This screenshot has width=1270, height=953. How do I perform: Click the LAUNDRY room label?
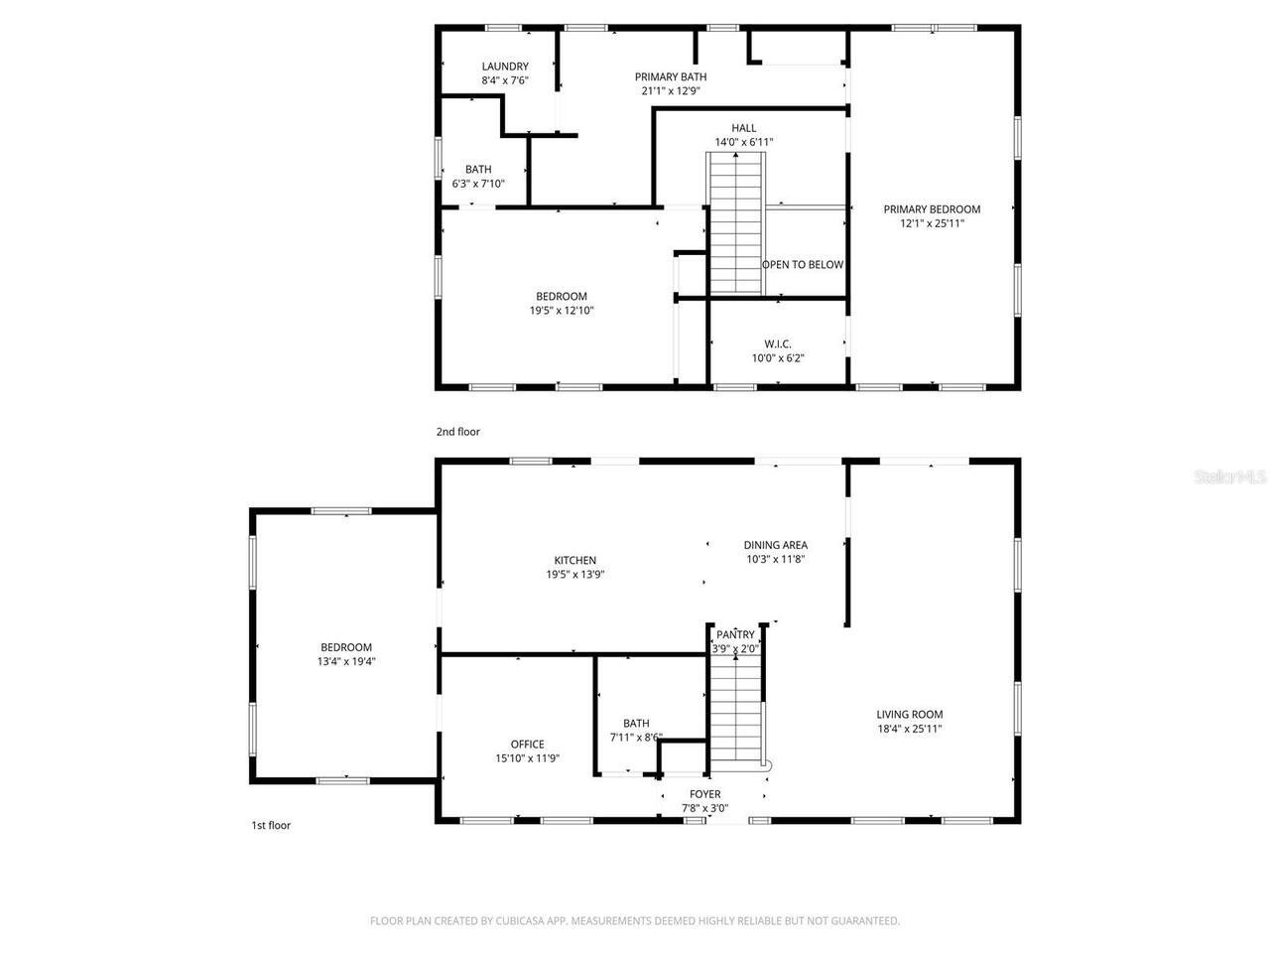[505, 67]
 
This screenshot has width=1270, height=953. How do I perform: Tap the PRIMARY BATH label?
[671, 76]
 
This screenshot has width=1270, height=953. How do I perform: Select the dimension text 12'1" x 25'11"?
[932, 223]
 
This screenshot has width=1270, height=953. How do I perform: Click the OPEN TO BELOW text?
[803, 264]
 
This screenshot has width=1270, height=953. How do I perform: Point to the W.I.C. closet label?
[778, 343]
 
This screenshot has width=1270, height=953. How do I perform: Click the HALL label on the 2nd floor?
[743, 128]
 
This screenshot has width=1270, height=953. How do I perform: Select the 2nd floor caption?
[457, 432]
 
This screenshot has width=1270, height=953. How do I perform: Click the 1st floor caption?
[271, 825]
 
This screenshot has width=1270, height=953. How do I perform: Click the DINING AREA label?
[775, 544]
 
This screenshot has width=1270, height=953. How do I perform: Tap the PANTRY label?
[735, 634]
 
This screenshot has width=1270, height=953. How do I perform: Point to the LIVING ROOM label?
[909, 714]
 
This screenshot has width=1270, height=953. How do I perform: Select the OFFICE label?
[527, 744]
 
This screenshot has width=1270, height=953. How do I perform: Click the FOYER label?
[705, 794]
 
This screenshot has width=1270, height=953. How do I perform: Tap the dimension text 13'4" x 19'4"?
[346, 661]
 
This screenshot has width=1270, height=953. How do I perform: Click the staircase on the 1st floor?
[735, 710]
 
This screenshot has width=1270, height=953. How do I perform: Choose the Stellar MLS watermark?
[1230, 477]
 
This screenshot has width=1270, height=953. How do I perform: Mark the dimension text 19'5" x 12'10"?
[561, 311]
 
